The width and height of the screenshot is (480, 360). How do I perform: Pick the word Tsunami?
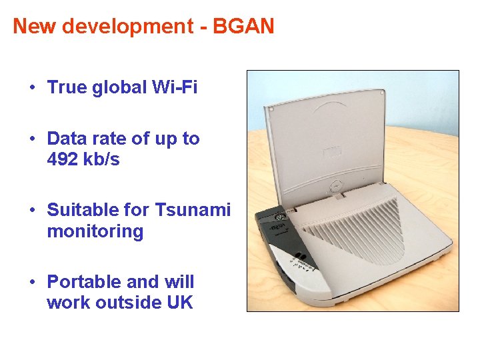(193, 211)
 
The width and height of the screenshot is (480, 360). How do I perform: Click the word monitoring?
(95, 231)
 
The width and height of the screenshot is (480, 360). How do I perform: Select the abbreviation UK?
(179, 302)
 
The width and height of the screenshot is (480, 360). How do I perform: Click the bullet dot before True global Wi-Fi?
(31, 88)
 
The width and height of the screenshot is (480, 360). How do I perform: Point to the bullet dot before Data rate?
(31, 139)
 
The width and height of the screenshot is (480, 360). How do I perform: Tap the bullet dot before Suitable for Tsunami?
(31, 211)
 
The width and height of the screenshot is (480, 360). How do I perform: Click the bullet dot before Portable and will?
(31, 282)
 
